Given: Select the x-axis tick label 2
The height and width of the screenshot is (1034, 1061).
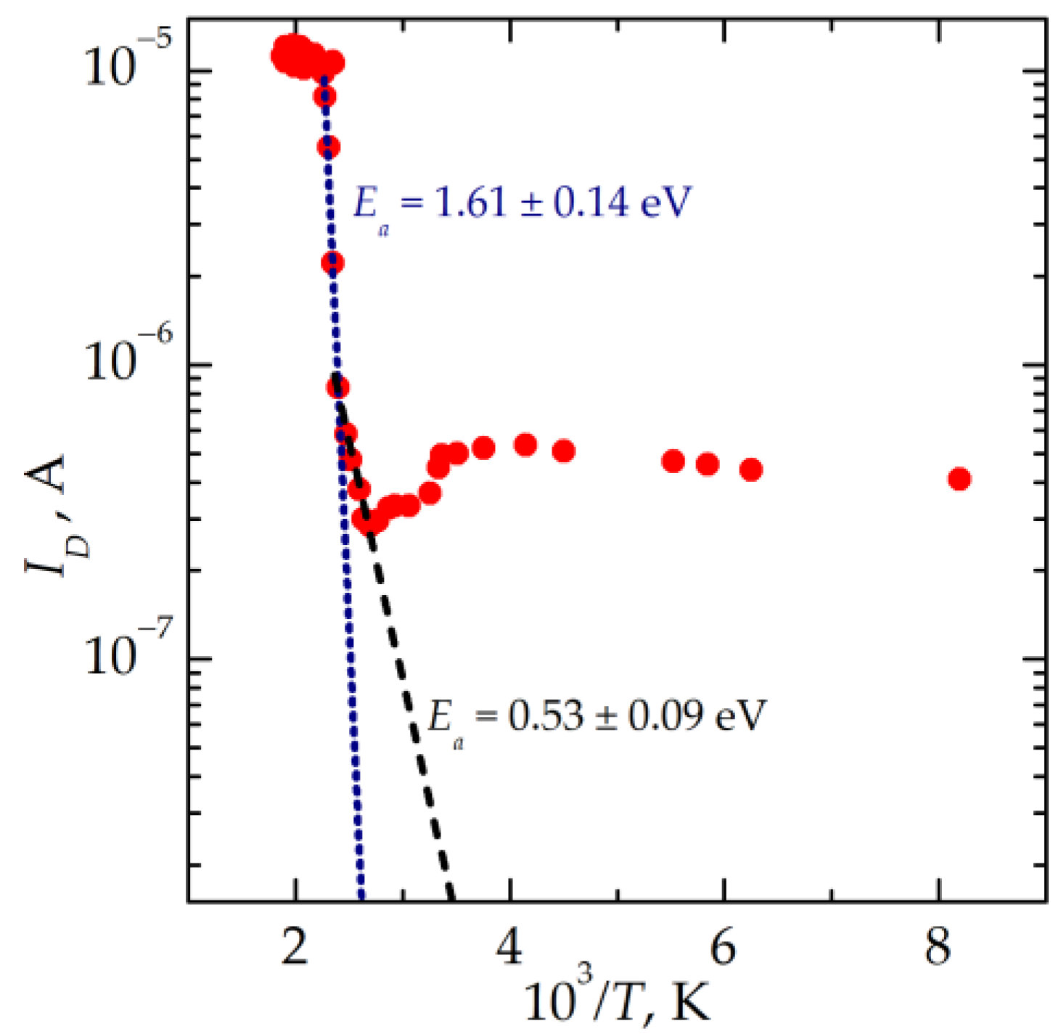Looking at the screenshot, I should pyautogui.click(x=295, y=947).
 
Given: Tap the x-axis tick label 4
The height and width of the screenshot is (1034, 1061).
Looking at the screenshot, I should pyautogui.click(x=511, y=947).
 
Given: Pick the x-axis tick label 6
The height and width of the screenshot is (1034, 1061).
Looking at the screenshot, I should pyautogui.click(x=723, y=947).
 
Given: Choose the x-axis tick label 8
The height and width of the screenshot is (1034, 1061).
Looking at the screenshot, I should pyautogui.click(x=938, y=947).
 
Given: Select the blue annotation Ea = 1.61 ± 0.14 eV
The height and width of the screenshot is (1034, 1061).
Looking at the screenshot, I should pyautogui.click(x=521, y=204).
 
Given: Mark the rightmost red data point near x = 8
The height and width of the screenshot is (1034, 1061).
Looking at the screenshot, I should pyautogui.click(x=959, y=479).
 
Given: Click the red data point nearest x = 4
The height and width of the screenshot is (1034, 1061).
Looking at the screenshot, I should pyautogui.click(x=525, y=445).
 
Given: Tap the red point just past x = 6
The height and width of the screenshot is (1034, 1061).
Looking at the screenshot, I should pyautogui.click(x=751, y=469).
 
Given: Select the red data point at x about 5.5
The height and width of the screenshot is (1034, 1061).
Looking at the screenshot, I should pyautogui.click(x=673, y=461).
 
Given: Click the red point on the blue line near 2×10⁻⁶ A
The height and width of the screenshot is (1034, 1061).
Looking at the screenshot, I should pyautogui.click(x=332, y=263).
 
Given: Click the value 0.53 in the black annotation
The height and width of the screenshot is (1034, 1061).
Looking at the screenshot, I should pyautogui.click(x=544, y=716).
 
